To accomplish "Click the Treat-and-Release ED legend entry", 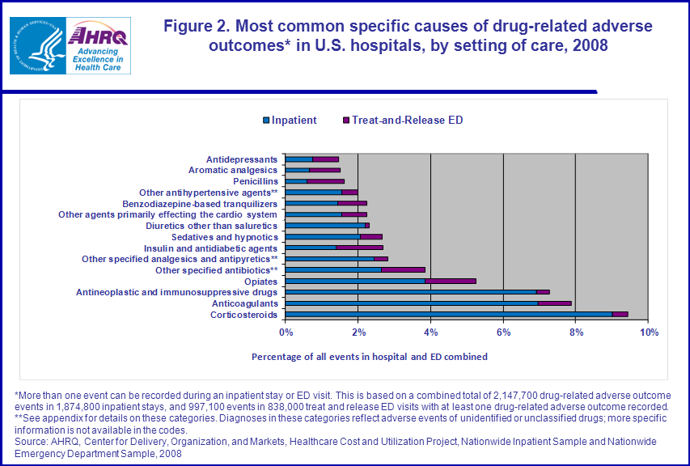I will [401, 121].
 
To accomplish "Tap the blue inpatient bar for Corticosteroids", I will [448, 314].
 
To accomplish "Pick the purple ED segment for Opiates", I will [450, 281].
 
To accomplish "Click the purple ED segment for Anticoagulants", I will [554, 303].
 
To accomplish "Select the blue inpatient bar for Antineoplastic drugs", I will [411, 292].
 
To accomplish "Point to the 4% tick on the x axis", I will [431, 332].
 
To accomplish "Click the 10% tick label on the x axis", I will [648, 332].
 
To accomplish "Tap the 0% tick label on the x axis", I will [286, 332].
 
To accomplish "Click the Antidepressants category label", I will [242, 159].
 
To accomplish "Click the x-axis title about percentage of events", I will [369, 356].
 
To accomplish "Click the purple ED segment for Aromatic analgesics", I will [324, 171].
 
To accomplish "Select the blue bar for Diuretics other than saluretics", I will [325, 226].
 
